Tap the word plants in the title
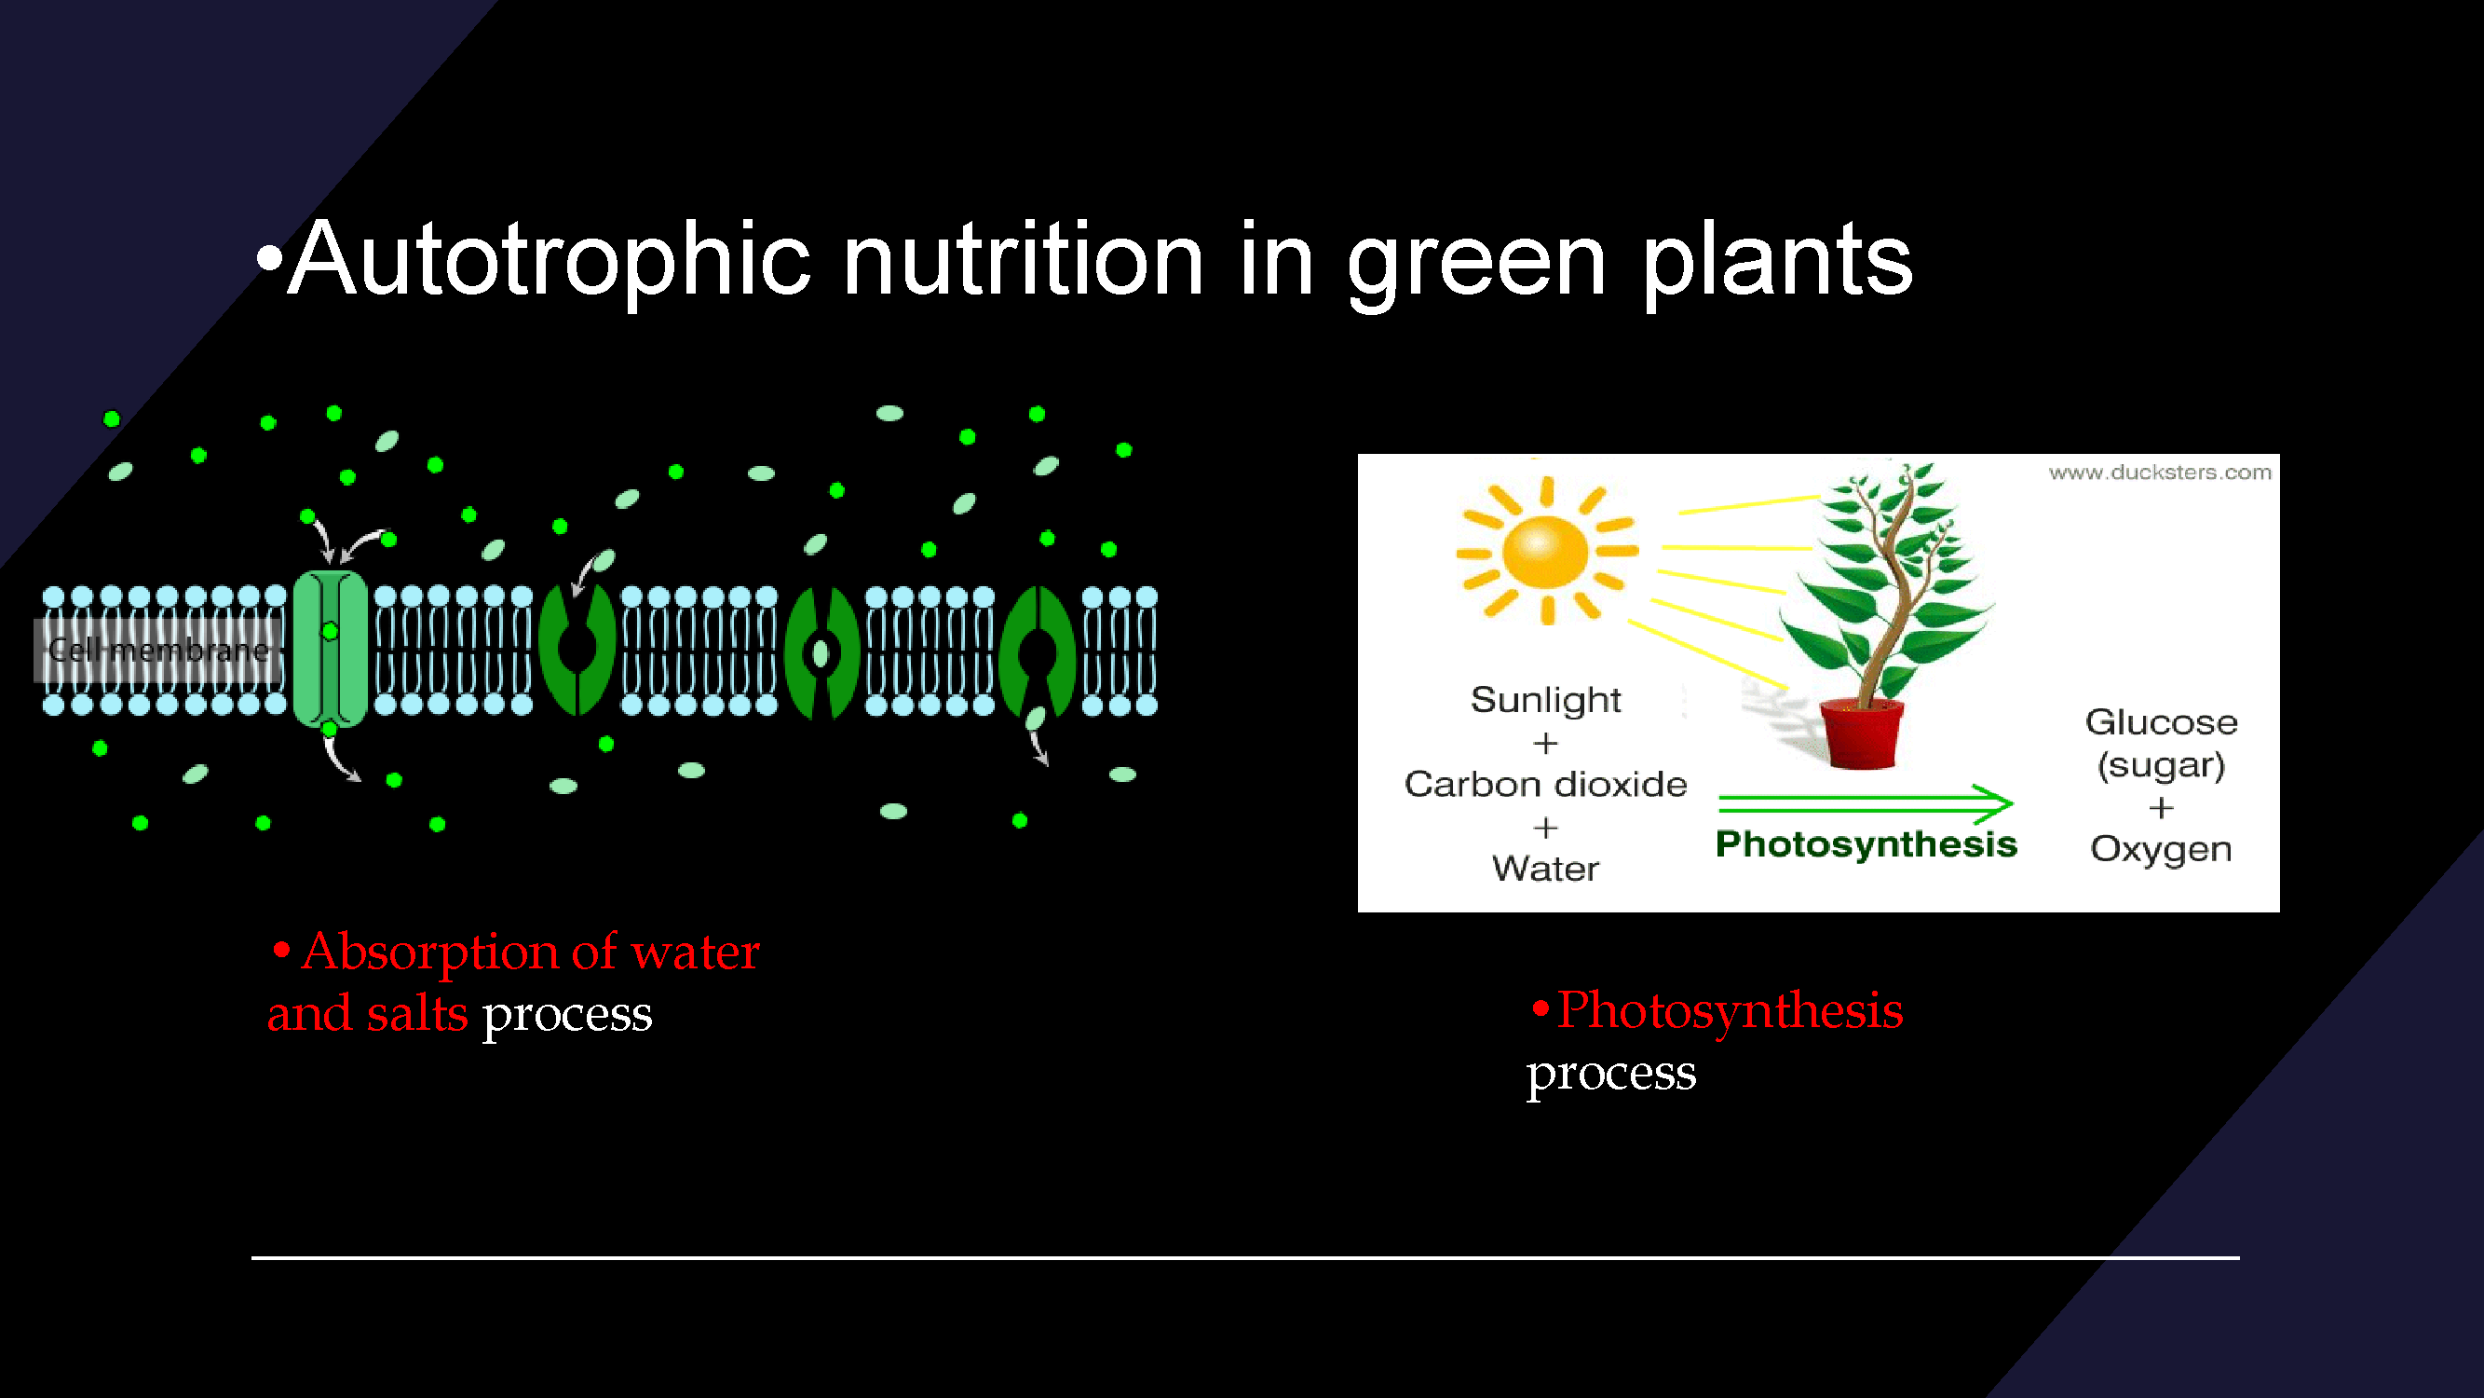click(1777, 261)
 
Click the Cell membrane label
click(159, 651)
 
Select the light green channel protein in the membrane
click(330, 649)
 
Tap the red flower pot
click(1861, 733)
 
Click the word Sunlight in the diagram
click(1546, 700)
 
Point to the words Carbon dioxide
click(1546, 785)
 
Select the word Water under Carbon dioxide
click(1546, 869)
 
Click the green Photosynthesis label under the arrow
click(1866, 844)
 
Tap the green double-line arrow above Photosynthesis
click(1865, 802)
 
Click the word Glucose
click(2161, 721)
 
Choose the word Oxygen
click(2161, 849)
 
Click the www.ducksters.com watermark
click(2160, 472)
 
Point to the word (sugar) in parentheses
click(2161, 765)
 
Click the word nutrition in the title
click(1023, 257)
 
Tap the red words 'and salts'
click(367, 1014)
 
